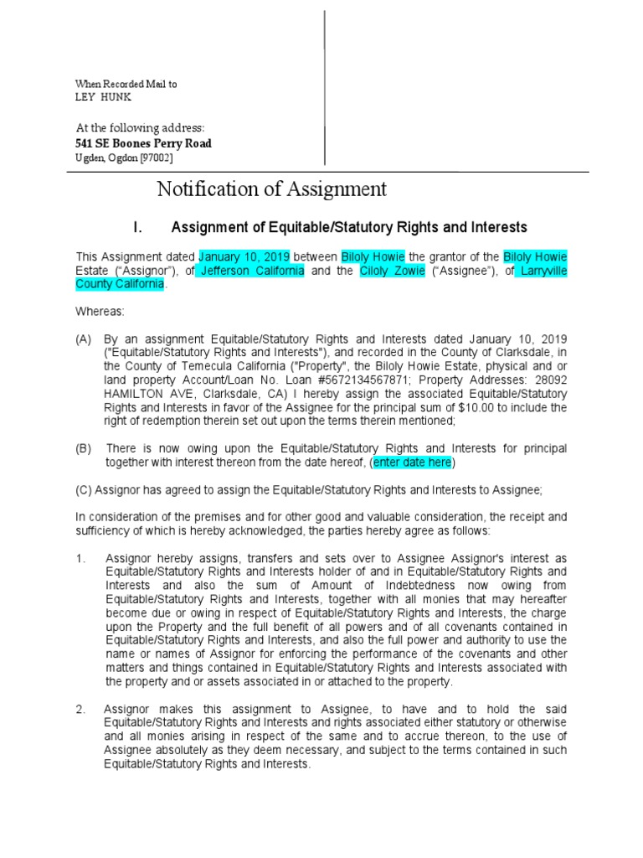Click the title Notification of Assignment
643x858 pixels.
tap(272, 189)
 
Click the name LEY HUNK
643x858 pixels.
tap(104, 97)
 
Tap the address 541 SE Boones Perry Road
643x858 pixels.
tap(143, 143)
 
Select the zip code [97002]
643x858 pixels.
tap(157, 158)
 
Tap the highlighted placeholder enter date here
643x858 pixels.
tap(413, 463)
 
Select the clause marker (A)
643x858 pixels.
tap(84, 339)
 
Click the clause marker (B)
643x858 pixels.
tap(84, 448)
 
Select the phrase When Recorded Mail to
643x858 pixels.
tap(126, 84)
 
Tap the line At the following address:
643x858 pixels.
tap(140, 127)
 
